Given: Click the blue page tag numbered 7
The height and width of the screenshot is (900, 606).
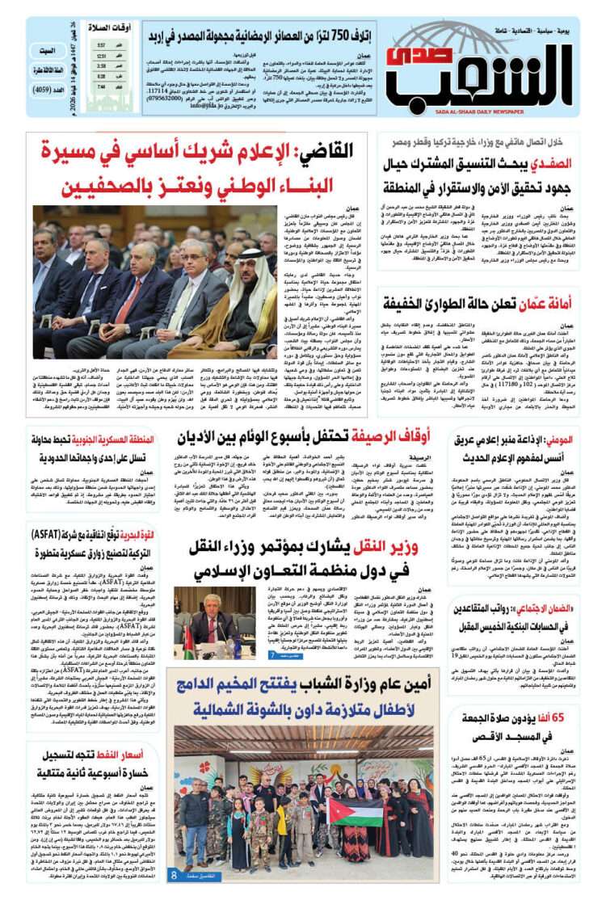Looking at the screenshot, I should pyautogui.click(x=274, y=655).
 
